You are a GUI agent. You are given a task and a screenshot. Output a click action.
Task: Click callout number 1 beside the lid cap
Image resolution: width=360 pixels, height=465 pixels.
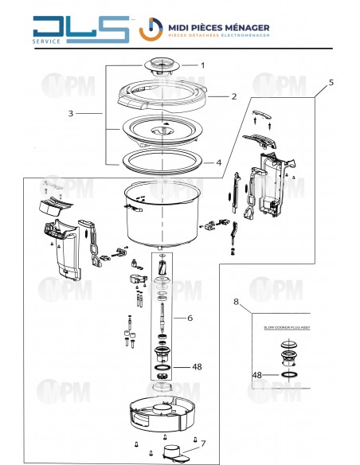point(203,65)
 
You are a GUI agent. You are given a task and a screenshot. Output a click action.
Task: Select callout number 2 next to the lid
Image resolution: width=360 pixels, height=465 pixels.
point(234,96)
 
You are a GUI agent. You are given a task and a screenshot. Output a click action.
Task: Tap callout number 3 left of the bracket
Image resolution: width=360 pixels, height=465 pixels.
point(71,113)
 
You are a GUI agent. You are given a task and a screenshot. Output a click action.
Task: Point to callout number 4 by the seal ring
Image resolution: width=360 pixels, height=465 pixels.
point(218,162)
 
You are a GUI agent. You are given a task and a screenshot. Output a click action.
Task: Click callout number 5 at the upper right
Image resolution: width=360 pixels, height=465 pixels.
point(331,83)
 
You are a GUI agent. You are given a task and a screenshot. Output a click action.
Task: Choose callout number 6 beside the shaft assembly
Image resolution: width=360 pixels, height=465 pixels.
point(190,318)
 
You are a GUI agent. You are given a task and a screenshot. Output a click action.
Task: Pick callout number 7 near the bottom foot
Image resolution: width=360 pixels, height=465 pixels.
point(203,444)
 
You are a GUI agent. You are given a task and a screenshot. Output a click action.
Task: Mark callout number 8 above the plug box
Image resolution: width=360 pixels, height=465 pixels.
point(236,302)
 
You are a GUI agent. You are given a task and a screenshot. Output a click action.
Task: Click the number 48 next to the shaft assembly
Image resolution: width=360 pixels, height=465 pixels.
point(197,367)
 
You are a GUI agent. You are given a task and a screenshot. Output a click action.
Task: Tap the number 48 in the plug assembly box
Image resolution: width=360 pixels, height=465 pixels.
point(256,375)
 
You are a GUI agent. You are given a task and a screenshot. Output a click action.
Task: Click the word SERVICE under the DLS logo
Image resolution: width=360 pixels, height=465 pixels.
point(46,41)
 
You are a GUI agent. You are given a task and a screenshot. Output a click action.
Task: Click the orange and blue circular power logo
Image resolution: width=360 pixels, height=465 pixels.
point(151,29)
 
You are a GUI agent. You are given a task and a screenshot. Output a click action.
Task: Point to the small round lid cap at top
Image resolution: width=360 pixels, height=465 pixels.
point(162,66)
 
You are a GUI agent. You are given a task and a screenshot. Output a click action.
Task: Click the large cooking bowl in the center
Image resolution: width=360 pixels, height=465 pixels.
point(162,213)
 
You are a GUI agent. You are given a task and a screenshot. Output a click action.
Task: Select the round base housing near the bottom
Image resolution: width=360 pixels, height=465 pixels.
point(162,414)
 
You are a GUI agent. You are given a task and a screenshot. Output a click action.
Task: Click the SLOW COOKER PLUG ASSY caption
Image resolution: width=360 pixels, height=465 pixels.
point(287,328)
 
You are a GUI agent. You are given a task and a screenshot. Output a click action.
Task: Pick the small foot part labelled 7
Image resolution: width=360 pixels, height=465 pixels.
point(173,452)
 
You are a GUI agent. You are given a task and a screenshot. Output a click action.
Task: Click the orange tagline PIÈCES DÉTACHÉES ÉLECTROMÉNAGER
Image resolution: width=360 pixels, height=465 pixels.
point(219,35)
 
